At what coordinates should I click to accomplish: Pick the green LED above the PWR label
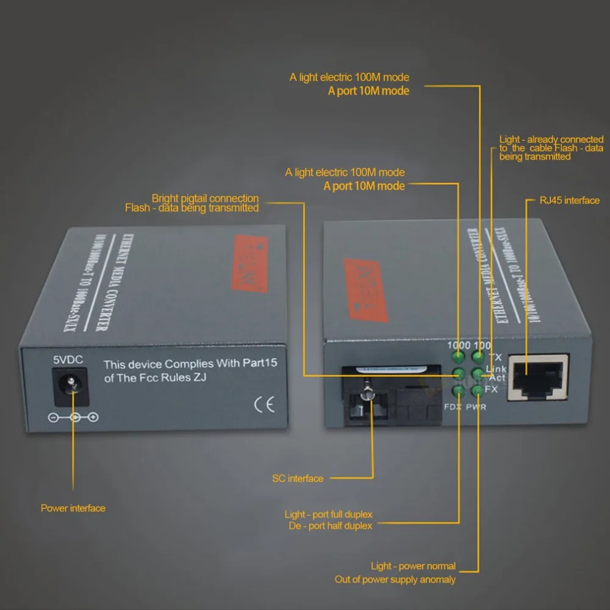478,391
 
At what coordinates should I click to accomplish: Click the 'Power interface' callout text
73,508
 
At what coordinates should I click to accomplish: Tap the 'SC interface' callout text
298,479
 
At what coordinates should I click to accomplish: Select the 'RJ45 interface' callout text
570,200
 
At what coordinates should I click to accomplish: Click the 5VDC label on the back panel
68,360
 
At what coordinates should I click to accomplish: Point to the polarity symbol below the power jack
73,418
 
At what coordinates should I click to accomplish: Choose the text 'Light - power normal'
413,566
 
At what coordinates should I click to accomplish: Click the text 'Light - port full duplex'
328,514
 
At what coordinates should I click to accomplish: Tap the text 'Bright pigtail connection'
205,198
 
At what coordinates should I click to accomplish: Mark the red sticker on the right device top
366,290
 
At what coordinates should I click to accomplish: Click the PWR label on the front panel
476,407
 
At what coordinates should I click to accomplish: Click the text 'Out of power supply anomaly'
395,579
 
